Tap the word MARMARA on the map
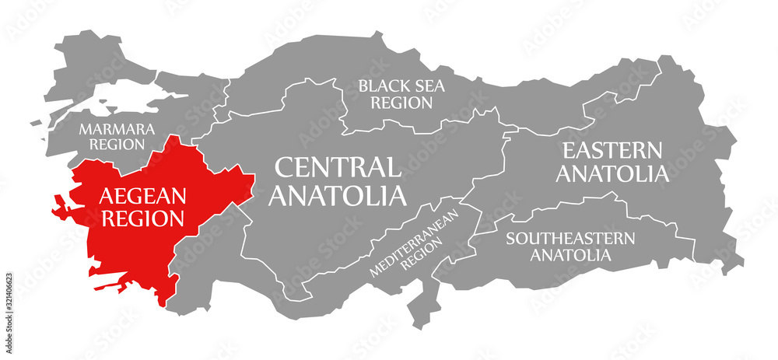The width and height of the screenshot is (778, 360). click(x=117, y=128)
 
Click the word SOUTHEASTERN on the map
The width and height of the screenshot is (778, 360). click(x=570, y=238)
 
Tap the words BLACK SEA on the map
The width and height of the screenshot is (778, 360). click(x=401, y=86)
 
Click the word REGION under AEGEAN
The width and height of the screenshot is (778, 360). click(x=141, y=218)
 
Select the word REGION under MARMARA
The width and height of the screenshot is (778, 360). click(x=117, y=144)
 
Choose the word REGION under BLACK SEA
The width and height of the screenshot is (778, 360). click(x=401, y=102)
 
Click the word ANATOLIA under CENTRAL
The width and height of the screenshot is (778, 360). click(x=337, y=194)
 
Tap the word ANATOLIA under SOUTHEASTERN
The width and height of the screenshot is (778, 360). click(x=570, y=254)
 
